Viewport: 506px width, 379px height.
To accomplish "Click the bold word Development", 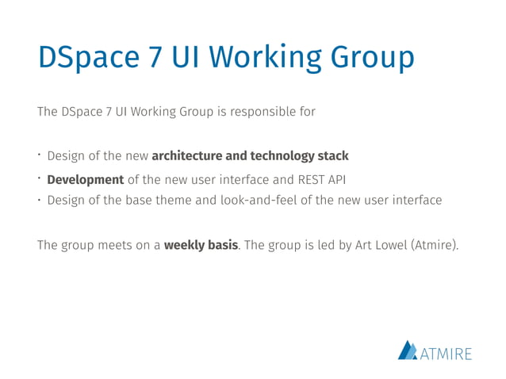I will [86, 179].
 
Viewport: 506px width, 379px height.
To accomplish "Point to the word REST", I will [306, 179].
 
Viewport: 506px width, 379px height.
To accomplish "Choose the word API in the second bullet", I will [335, 179].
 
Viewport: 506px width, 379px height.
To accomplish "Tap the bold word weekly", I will [183, 245].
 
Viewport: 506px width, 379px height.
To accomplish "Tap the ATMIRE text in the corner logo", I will [447, 352].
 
